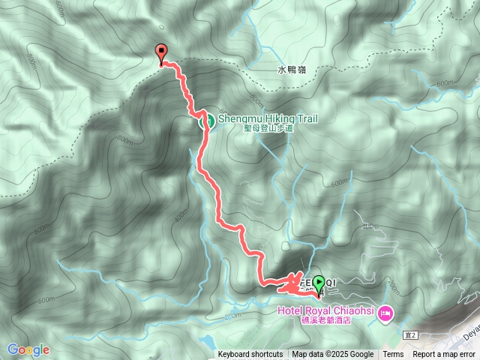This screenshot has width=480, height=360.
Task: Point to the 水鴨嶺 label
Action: tap(292, 70)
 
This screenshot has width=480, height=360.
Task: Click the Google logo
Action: tap(28, 349)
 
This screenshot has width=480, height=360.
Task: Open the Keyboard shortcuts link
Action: tap(250, 355)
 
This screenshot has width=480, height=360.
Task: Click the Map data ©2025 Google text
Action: tap(332, 355)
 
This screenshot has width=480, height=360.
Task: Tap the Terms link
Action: tap(393, 355)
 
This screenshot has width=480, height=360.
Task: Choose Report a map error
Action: tap(444, 355)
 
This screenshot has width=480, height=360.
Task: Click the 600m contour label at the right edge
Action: tap(445, 83)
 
